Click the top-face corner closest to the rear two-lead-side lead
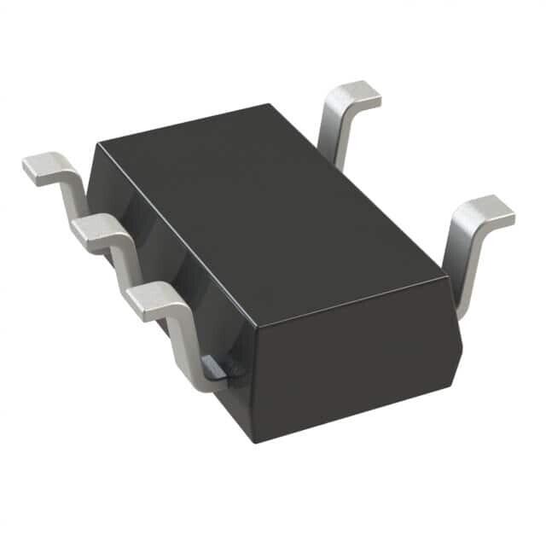[x=271, y=104]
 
